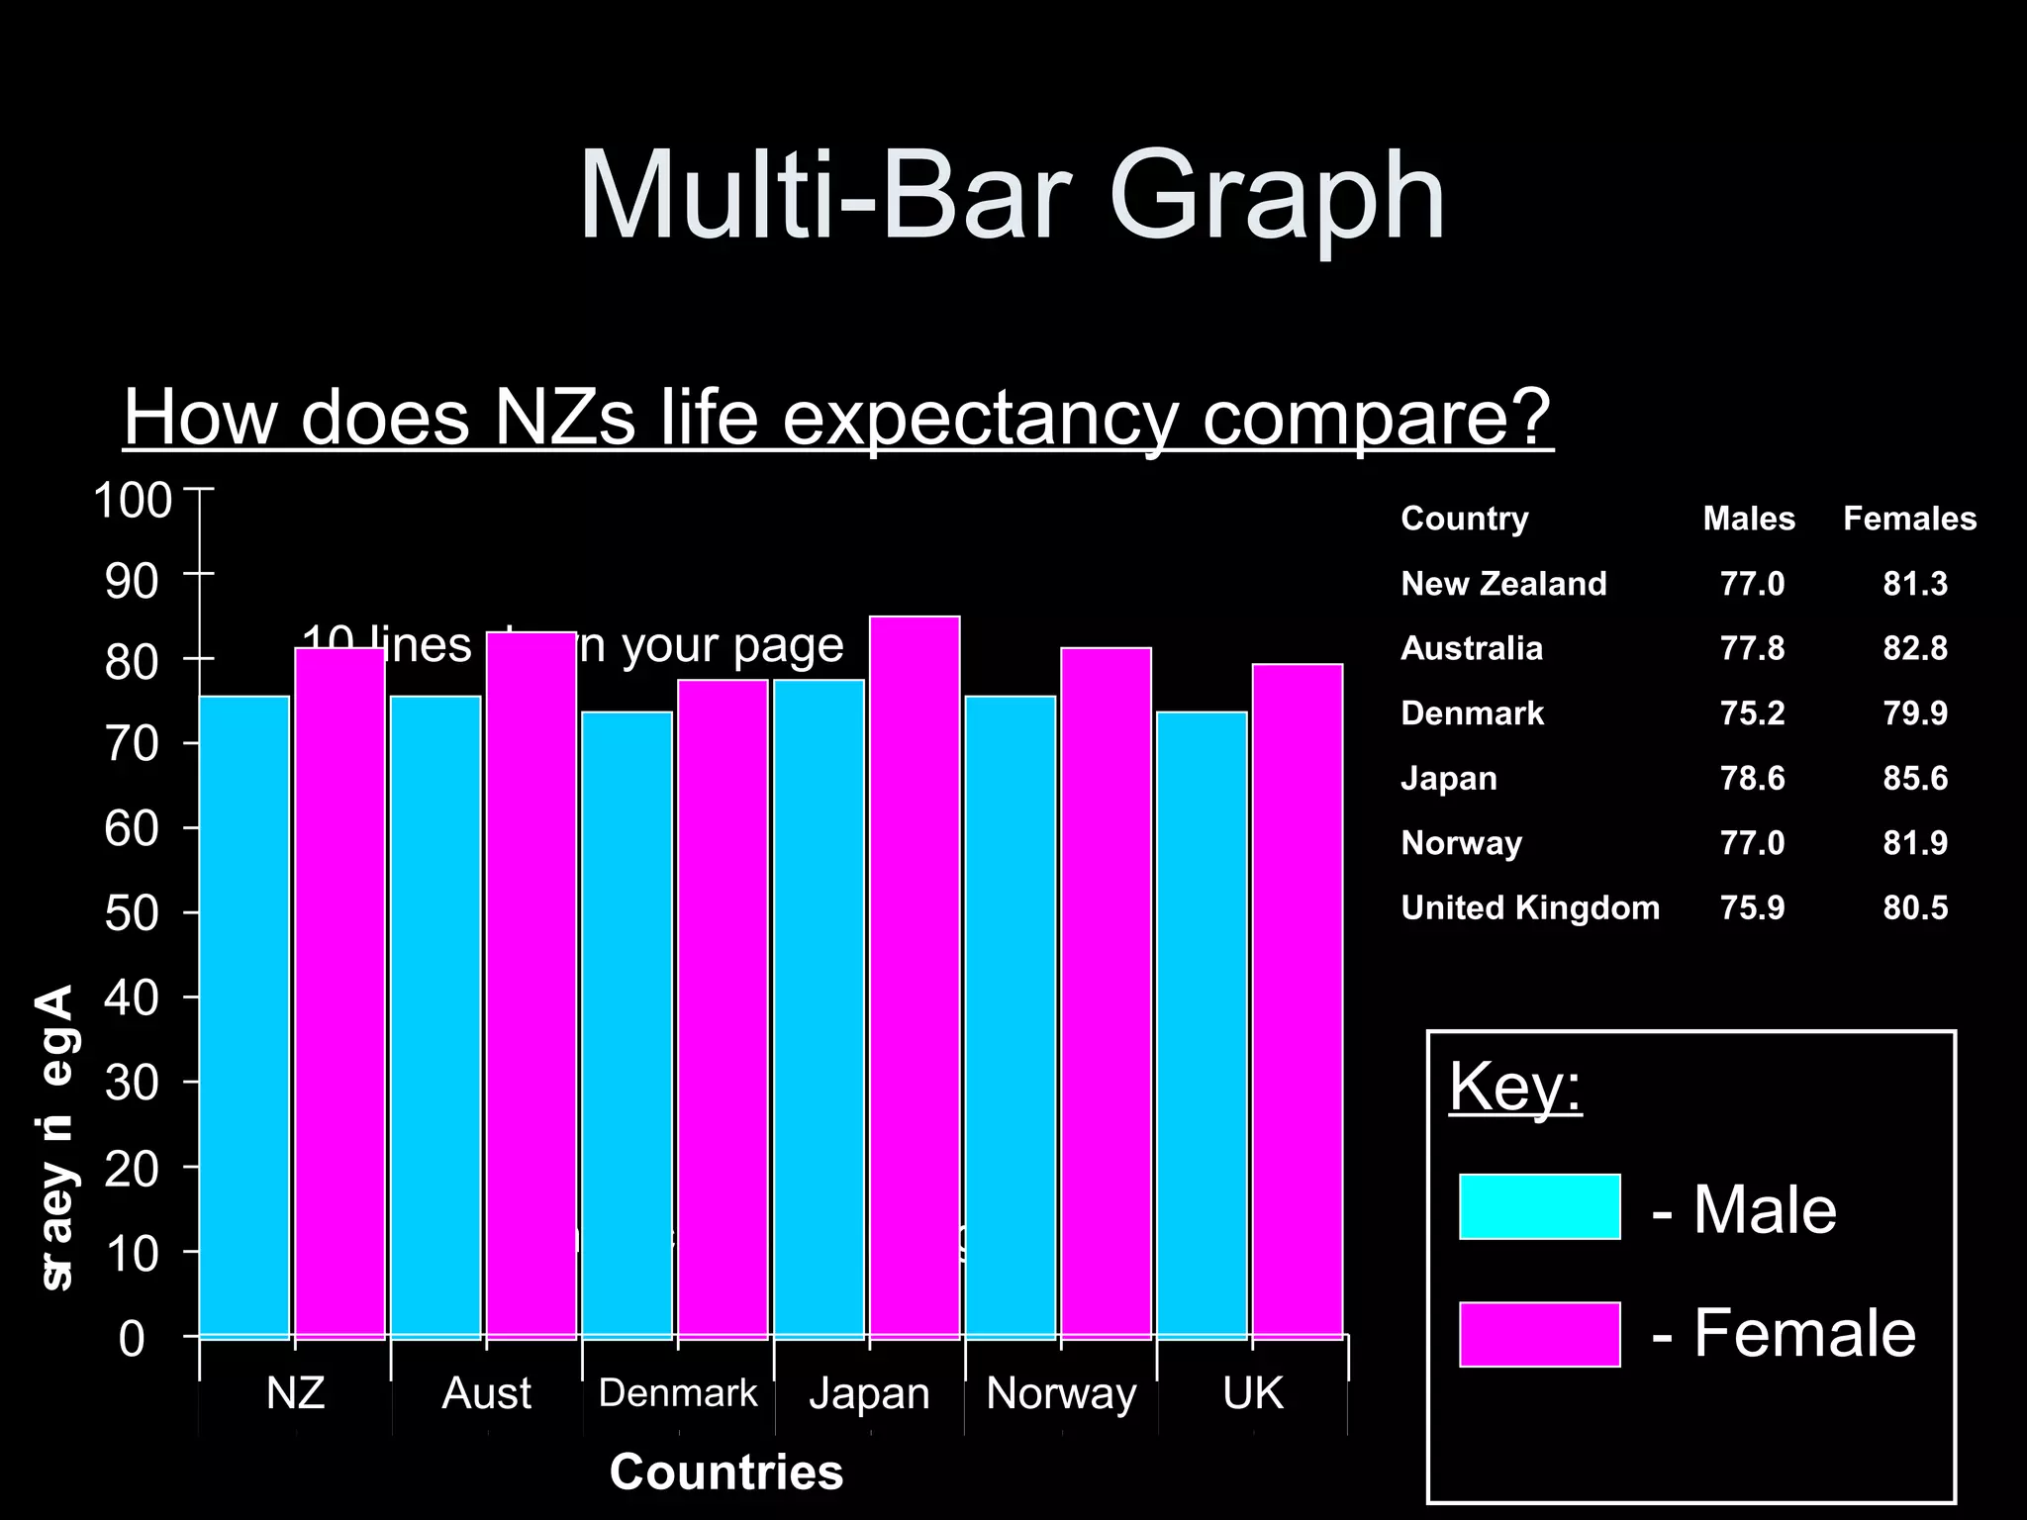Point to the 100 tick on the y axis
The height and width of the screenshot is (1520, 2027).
click(x=133, y=500)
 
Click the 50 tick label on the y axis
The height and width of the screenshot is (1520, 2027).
click(x=133, y=913)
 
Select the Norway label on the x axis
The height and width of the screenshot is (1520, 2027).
click(x=1061, y=1393)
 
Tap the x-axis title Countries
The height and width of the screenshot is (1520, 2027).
click(x=726, y=1472)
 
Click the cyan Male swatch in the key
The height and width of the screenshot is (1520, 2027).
click(x=1539, y=1206)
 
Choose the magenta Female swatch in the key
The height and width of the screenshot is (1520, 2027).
click(x=1539, y=1334)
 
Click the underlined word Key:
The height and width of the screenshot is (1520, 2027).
click(x=1515, y=1087)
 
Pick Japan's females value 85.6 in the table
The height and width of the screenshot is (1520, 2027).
click(x=1914, y=778)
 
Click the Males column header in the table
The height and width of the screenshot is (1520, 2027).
click(x=1748, y=519)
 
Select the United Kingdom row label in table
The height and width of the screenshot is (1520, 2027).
click(x=1529, y=907)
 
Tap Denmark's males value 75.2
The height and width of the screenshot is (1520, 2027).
click(x=1752, y=713)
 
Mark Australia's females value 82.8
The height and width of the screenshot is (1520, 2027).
click(x=1914, y=648)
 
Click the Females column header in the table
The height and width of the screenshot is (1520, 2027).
click(x=1908, y=519)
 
